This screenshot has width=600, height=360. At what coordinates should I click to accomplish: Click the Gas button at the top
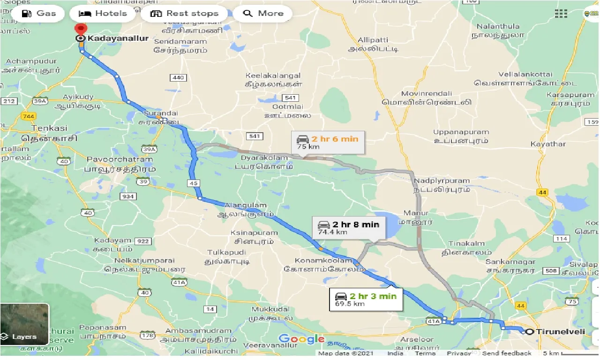39,13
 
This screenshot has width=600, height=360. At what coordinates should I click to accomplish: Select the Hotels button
103,13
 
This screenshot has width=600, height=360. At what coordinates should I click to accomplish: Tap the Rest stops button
184,13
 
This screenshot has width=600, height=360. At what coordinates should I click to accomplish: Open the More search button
263,13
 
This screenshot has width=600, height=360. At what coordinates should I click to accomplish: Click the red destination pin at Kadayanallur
82,29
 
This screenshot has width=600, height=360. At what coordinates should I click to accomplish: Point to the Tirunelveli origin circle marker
529,332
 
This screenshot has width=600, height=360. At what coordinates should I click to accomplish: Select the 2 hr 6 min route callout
328,142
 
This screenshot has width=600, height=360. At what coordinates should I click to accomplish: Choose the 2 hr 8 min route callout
348,228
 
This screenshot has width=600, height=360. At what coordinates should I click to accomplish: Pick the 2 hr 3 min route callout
366,299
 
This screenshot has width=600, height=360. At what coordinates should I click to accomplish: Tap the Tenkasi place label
49,128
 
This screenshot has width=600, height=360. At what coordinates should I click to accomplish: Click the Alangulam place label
246,205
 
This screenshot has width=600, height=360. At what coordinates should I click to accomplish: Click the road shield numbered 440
179,77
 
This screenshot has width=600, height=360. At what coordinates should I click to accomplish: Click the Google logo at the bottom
301,339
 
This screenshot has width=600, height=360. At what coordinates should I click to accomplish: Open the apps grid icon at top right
561,13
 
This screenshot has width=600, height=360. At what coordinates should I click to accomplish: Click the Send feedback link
506,353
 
